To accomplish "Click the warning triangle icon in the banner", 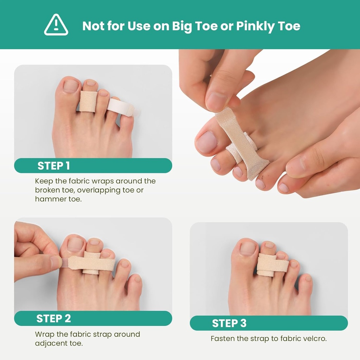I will coord(56,25).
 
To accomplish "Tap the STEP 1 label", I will coord(54,166).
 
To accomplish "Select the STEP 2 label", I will coord(53,319).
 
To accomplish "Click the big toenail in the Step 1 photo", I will coord(71,86).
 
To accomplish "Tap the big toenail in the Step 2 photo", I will coord(75,245).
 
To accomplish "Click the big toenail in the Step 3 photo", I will coord(248,248).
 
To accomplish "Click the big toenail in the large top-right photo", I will coord(207,142).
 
